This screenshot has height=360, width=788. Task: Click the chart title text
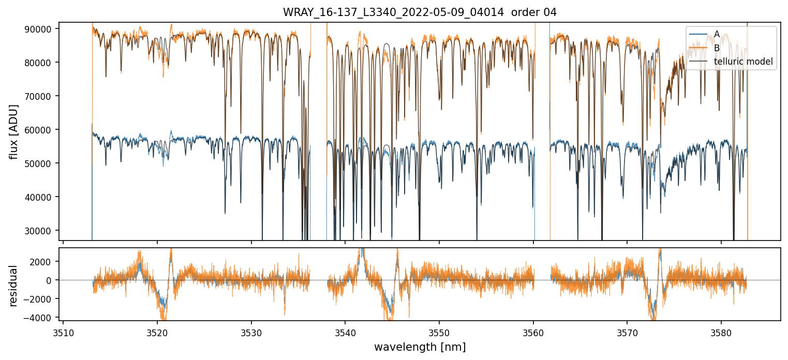[420, 12]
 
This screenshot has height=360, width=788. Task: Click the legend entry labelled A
[717, 34]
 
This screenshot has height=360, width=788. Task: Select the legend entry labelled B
[717, 48]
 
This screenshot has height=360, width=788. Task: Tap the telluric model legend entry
[743, 62]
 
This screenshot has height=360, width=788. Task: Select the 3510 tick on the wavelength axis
[63, 331]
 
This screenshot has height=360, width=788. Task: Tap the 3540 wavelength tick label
[345, 331]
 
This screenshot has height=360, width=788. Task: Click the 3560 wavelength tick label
[533, 331]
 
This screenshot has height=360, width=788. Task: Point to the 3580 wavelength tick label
[721, 331]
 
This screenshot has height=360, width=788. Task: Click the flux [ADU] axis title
[14, 131]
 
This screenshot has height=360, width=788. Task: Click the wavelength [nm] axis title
[420, 347]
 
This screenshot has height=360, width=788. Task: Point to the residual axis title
[14, 284]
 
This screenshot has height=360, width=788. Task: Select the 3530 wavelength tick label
[251, 331]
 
